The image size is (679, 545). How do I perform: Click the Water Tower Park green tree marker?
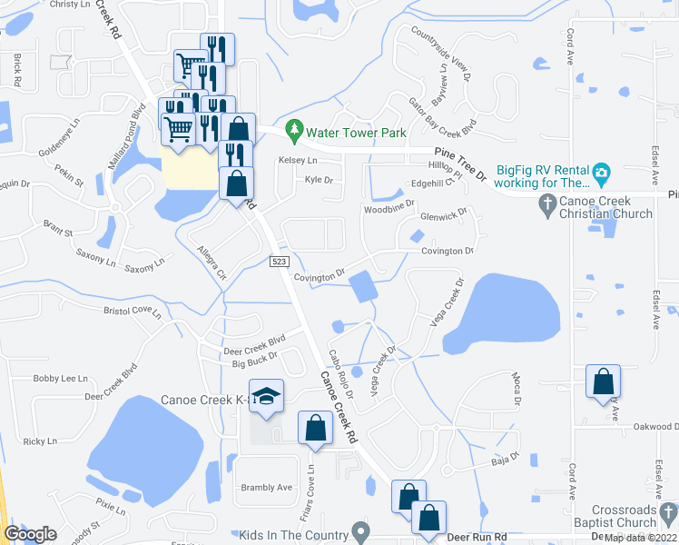pos(293,132)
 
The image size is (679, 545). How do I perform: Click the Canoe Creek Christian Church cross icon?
pos(546,206)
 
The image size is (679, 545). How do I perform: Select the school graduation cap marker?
pos(266,396)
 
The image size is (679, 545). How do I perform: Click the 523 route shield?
pos(280,262)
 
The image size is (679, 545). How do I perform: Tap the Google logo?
pos(30,534)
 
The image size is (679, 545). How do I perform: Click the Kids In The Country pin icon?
pos(361,530)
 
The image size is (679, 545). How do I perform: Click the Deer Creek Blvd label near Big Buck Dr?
pos(255,351)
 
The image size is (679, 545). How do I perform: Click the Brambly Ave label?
pos(267,488)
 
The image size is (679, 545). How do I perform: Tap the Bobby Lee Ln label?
pos(60,379)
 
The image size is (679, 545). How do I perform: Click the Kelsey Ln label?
pos(299,160)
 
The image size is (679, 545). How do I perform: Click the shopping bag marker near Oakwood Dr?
pos(604,383)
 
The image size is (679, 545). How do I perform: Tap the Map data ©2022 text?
pos(638,538)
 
